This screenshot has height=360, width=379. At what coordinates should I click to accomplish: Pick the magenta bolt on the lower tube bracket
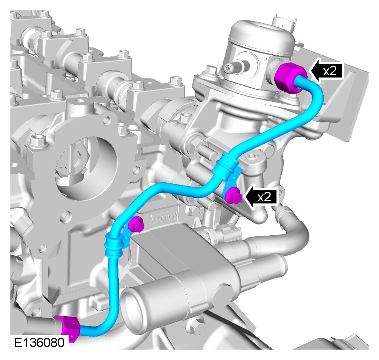[x=136, y=224]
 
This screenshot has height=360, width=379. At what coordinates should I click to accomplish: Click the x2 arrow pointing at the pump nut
[x=326, y=71]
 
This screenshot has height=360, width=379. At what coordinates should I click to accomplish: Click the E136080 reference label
[x=39, y=342]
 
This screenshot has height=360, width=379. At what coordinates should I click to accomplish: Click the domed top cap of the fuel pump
[x=261, y=33]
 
